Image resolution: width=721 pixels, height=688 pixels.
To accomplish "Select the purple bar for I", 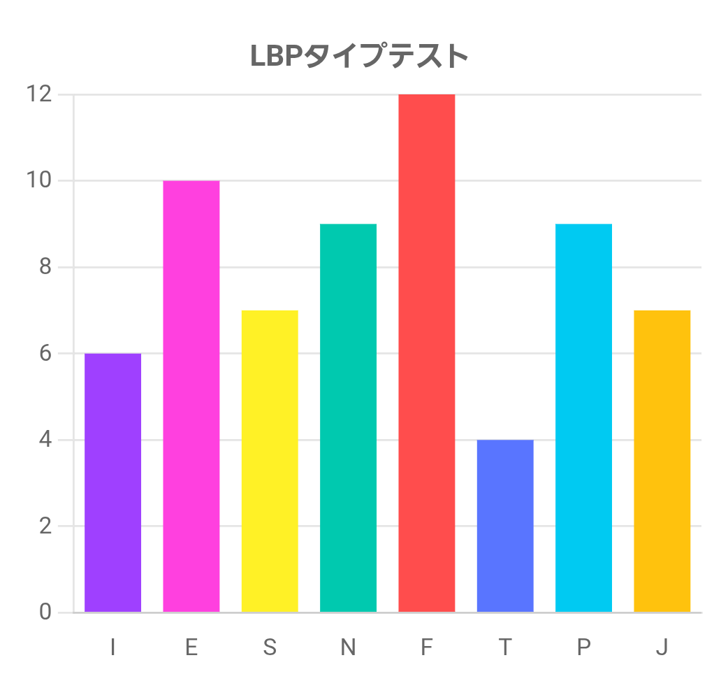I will [112, 482].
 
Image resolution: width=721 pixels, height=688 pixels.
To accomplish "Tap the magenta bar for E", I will [191, 396].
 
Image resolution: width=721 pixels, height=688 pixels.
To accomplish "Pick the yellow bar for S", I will [270, 461].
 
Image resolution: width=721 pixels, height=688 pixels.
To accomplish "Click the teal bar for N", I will [348, 418].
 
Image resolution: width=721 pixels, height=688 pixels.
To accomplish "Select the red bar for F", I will [427, 353].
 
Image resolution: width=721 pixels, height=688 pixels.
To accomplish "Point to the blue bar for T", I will [505, 526].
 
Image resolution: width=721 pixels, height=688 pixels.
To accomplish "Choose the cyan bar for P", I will [583, 418].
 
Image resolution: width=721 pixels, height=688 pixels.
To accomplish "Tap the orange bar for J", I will [662, 461].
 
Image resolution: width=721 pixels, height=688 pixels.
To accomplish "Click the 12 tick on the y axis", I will [39, 94].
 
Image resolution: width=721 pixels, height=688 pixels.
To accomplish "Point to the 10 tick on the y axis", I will [39, 180].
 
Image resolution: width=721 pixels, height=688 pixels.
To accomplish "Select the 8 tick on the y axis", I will [45, 267].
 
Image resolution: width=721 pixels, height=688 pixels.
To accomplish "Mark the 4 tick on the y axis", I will [45, 440].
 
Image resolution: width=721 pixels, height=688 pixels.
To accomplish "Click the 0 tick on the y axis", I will [45, 612].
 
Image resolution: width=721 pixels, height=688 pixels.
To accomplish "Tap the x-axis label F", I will [427, 648].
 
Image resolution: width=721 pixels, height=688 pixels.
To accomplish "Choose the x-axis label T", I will [505, 648].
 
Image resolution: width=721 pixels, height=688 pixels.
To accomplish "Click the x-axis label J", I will [662, 648].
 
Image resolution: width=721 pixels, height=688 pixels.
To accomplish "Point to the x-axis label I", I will [112, 648].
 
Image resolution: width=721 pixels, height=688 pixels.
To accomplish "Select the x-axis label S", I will [270, 648].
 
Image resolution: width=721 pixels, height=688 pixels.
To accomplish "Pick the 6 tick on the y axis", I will [45, 353].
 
